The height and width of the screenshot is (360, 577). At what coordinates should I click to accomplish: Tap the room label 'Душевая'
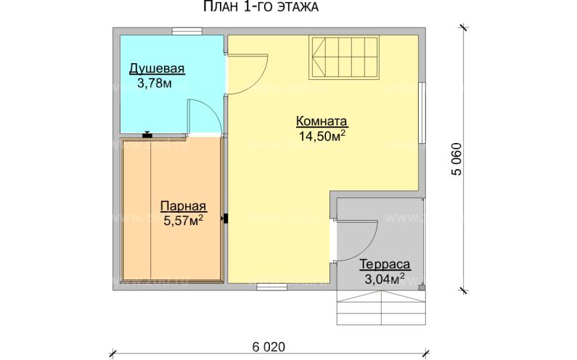157,69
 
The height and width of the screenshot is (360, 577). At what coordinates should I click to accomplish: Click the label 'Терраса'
385,264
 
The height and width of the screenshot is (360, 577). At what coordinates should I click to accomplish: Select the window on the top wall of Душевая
187,30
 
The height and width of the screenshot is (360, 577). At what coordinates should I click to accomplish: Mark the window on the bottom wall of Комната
272,287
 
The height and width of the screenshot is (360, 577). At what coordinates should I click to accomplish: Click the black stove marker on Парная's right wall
226,217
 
